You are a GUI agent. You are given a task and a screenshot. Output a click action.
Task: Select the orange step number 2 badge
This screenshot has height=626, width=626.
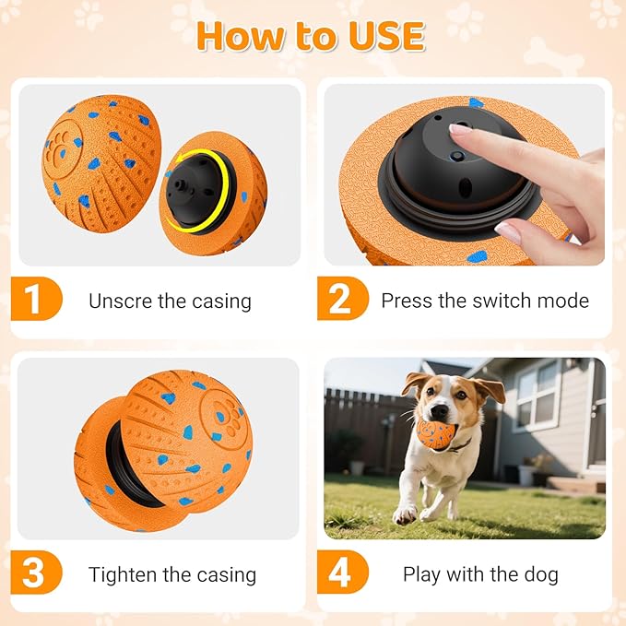point(340,301)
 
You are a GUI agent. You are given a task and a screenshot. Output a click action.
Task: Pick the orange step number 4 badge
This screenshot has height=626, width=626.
point(340,574)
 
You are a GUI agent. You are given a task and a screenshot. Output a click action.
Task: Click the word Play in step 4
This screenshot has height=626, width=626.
point(421,574)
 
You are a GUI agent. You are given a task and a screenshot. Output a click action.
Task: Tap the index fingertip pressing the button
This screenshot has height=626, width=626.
point(457,130)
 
